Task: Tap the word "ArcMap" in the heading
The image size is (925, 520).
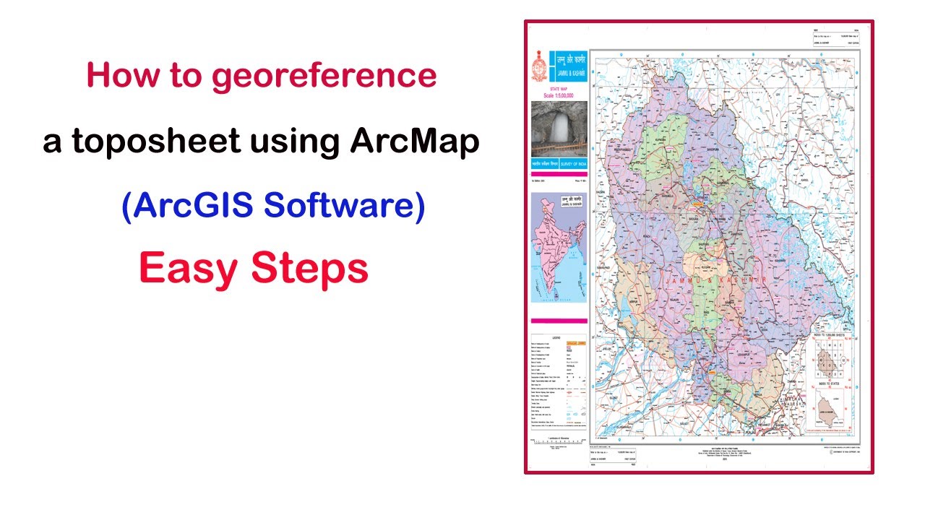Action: click(415, 142)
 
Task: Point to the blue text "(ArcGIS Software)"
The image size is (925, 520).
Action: click(272, 207)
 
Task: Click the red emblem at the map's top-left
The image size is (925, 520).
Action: click(538, 66)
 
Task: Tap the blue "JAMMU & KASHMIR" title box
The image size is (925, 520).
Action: click(568, 64)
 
